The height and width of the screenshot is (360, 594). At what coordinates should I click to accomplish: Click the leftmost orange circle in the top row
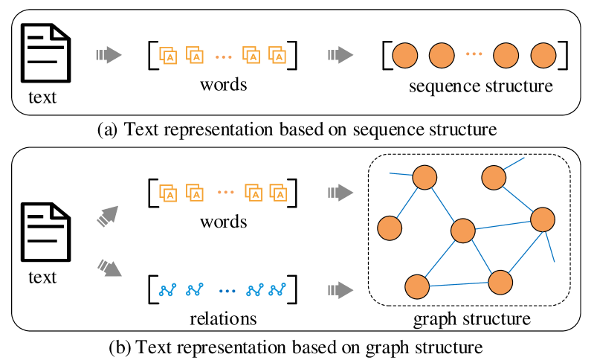tap(404, 56)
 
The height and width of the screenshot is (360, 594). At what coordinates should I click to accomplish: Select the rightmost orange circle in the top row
tap(543, 56)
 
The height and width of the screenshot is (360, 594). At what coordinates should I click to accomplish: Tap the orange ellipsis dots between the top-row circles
tap(474, 54)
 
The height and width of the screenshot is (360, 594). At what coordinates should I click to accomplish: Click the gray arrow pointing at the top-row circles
tap(340, 55)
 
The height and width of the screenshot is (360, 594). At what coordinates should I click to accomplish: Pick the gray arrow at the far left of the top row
tap(109, 55)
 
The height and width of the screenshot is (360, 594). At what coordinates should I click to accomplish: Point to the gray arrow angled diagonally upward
tap(108, 216)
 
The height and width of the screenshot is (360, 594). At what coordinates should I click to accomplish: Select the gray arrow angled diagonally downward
tap(109, 268)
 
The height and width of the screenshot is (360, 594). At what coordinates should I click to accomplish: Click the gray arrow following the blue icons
tap(340, 290)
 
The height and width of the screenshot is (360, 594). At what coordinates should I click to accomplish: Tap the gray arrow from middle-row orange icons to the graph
tap(340, 193)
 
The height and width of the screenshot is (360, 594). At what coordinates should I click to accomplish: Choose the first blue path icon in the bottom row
tap(167, 290)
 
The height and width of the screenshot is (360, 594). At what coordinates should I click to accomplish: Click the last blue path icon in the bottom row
tap(277, 290)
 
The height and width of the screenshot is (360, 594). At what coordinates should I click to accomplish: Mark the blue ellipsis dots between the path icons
tap(227, 291)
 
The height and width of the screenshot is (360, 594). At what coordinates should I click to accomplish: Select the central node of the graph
tap(462, 231)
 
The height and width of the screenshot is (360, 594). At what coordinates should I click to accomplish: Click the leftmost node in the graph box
tap(390, 228)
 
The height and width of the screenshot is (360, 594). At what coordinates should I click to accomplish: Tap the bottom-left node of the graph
tap(417, 286)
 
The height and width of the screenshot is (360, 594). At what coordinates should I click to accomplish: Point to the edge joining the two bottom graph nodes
tap(459, 284)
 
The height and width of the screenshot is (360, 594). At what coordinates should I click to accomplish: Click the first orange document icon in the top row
tap(168, 56)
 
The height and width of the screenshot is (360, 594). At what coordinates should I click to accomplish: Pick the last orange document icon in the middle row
tap(278, 193)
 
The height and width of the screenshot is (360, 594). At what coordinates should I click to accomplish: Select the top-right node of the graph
tap(494, 178)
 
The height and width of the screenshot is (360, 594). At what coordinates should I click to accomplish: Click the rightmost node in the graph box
tap(542, 219)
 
